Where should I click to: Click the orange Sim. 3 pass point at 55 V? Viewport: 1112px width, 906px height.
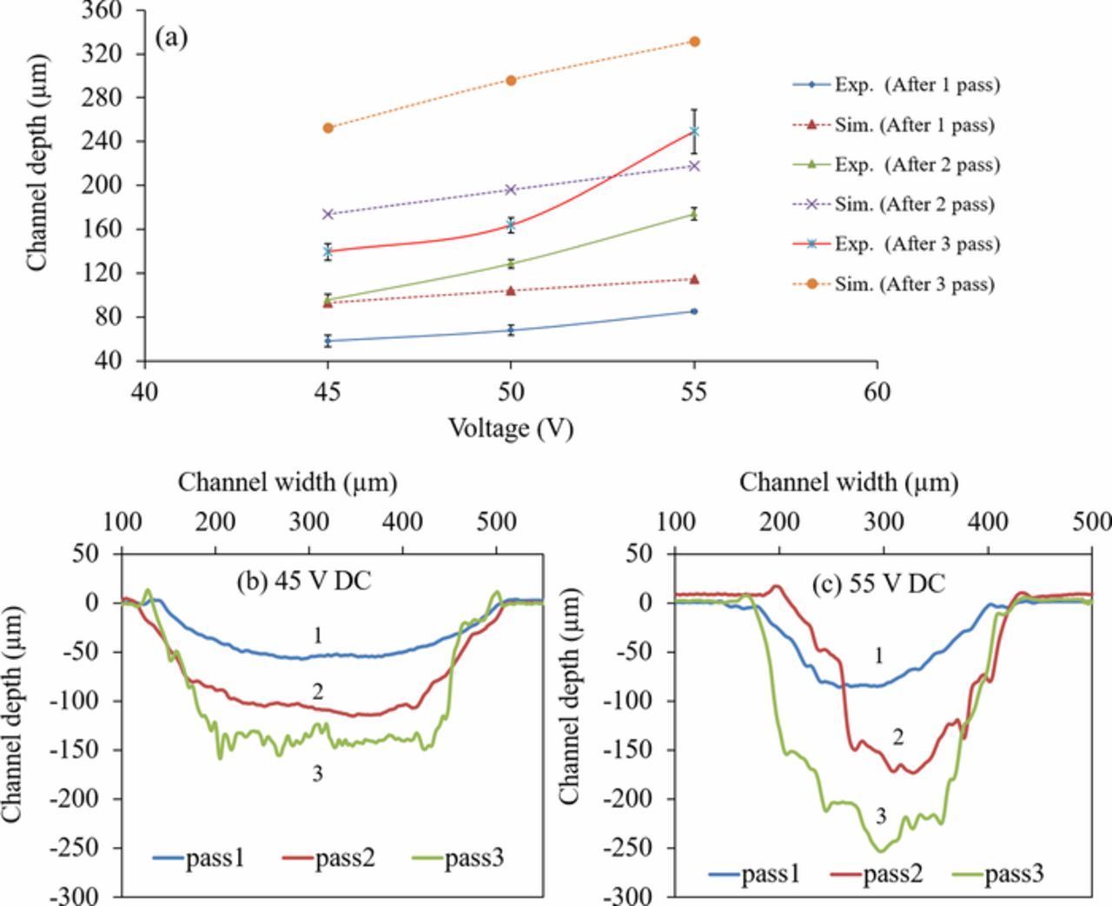pos(694,42)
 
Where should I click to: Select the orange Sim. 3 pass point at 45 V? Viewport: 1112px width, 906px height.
pos(328,128)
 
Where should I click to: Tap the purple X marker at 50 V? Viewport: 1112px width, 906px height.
pos(511,190)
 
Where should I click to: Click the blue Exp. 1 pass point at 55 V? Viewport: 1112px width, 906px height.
pos(694,311)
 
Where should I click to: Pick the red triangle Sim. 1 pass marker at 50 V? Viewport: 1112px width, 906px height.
pos(511,290)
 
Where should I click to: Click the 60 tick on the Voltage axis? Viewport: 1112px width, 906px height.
pos(877,393)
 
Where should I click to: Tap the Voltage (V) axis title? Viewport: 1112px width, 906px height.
pos(511,428)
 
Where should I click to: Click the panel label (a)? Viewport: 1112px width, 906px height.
pos(170,37)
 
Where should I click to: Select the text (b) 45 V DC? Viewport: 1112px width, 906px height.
pos(304,581)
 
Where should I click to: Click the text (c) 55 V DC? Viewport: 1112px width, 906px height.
pos(878,584)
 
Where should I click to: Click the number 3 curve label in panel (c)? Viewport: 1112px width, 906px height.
pos(881,816)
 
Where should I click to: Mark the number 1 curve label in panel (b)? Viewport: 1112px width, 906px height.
pos(318,636)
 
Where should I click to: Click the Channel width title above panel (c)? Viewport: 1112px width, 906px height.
pos(849,482)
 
